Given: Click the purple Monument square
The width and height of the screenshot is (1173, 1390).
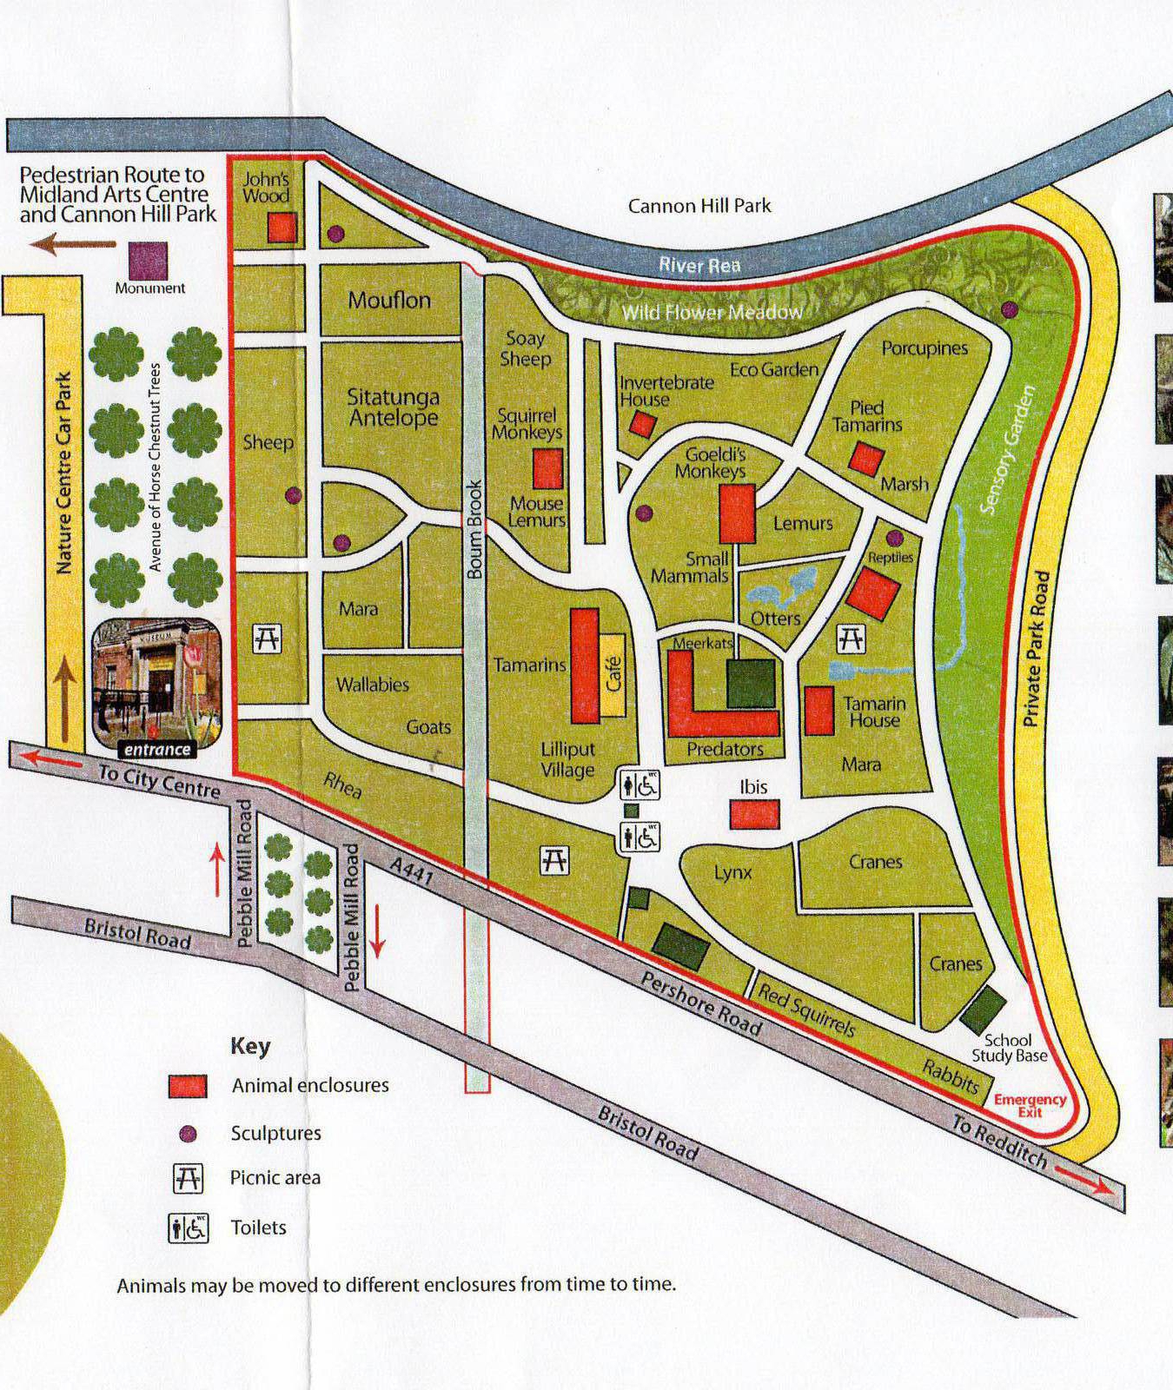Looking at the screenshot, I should tap(148, 260).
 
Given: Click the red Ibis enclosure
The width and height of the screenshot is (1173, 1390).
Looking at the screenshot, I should tap(753, 814).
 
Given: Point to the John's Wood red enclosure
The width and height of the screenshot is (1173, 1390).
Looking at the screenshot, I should tap(282, 228).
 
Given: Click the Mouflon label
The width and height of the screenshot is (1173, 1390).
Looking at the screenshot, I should tap(389, 301).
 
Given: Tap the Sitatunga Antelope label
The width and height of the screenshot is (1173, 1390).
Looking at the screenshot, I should tap(393, 407).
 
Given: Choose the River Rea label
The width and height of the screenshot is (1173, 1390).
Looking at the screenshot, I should tap(699, 265).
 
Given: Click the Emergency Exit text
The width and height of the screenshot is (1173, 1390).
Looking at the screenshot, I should tap(1030, 1104).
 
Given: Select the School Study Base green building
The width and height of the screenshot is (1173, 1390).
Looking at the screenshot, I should tap(983, 1009).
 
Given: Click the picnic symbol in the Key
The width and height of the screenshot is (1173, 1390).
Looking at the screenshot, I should tap(189, 1179).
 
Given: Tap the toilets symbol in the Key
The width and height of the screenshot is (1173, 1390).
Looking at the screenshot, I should tap(189, 1228).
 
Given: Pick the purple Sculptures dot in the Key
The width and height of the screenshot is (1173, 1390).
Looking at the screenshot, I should tap(188, 1134).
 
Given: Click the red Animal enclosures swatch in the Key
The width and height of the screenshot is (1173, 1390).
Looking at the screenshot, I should tap(188, 1086).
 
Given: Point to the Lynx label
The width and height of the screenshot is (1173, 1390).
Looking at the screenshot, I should tap(732, 872).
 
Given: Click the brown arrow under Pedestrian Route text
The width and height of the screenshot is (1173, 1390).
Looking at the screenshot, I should tap(73, 244).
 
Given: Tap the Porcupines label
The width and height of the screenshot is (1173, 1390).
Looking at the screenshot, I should tap(924, 348).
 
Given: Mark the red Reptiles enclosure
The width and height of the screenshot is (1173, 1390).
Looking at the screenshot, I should tap(872, 593).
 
